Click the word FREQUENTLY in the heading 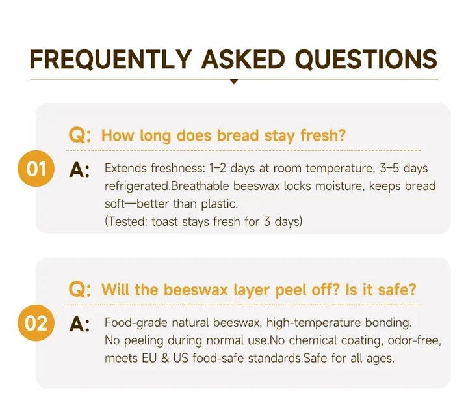click(110, 59)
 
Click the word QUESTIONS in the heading click(366, 59)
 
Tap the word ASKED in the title click(243, 59)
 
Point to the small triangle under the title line click(234, 81)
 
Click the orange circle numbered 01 click(36, 169)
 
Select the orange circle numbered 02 click(36, 323)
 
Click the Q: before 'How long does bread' click(80, 135)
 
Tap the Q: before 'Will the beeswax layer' click(80, 290)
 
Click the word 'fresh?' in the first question click(323, 135)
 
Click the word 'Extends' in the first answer click(125, 168)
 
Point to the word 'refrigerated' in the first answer click(137, 187)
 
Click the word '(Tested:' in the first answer click(126, 222)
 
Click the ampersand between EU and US click(165, 358)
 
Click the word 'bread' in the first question click(238, 135)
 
